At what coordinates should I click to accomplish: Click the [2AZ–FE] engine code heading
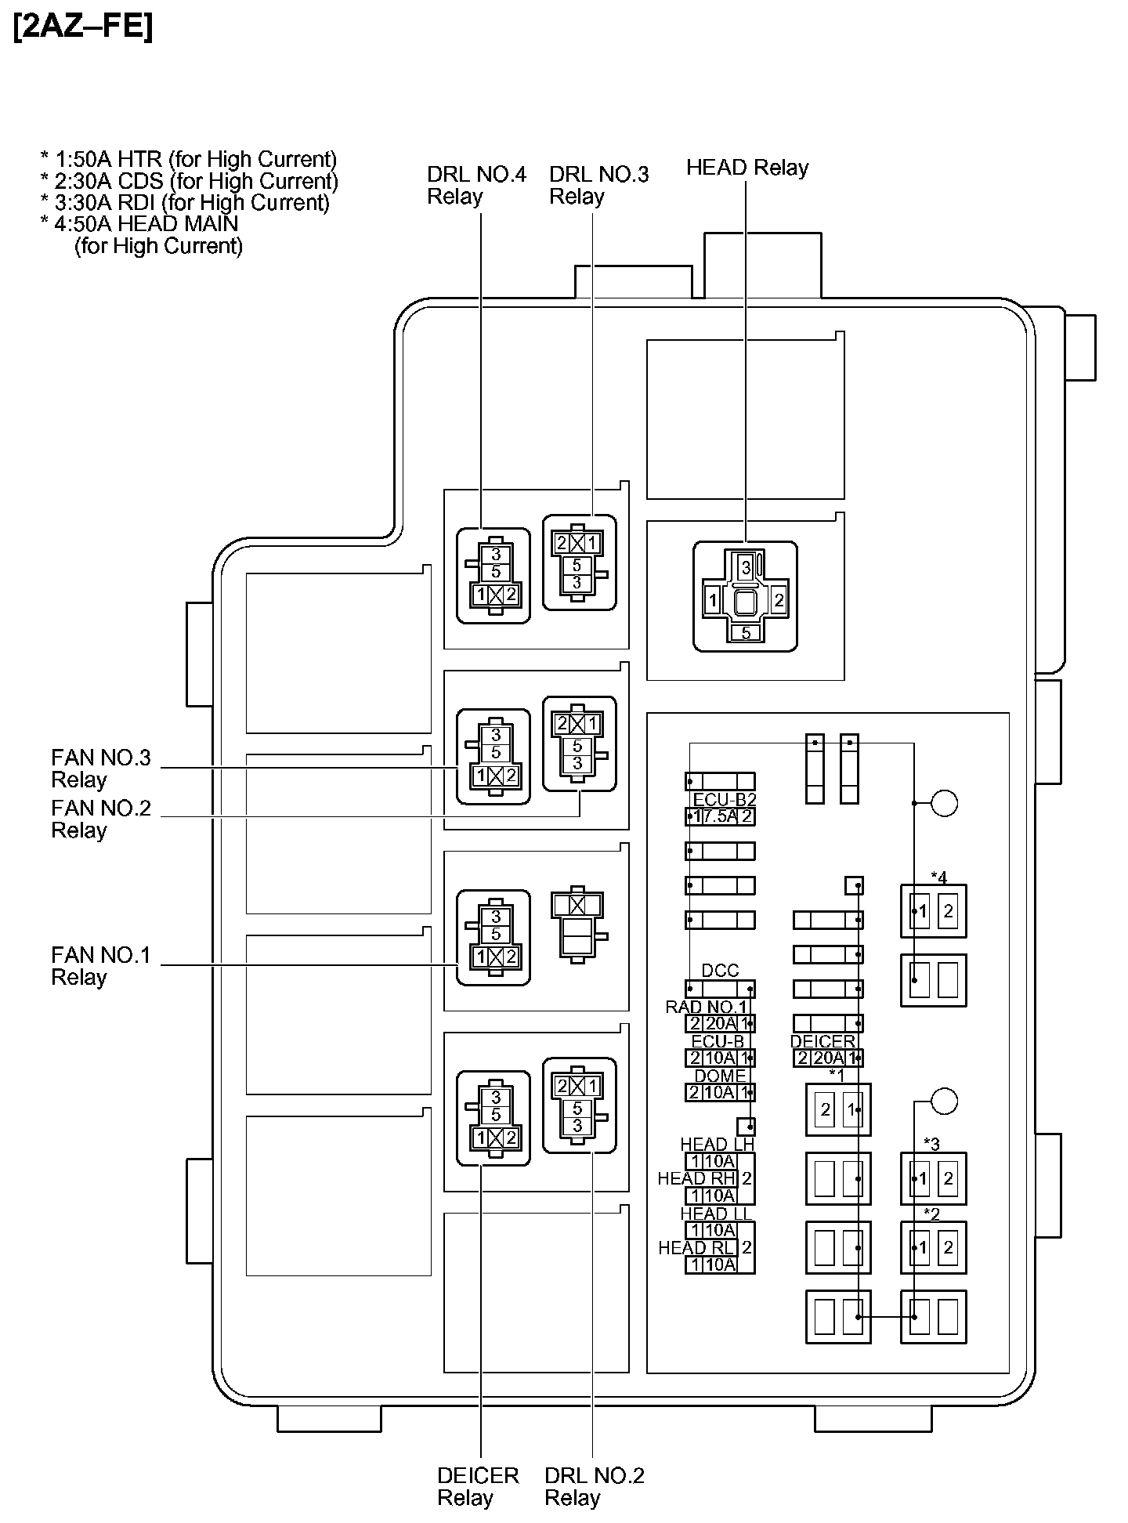pos(83,27)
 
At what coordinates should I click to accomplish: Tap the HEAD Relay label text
pos(747,168)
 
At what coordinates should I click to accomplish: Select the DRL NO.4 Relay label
pos(476,185)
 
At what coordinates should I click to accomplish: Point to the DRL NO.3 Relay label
pos(598,185)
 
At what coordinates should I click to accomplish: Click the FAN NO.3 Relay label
pos(100,769)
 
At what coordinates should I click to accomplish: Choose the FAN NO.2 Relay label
pos(100,819)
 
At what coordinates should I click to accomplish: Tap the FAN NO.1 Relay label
pos(100,966)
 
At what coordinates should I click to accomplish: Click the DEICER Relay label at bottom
pos(478,1486)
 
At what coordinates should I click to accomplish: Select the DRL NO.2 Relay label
pos(594,1486)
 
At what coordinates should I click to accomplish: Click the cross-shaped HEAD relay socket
pos(745,597)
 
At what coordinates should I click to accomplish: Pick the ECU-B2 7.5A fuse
pos(720,816)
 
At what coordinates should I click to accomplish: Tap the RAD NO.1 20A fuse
pos(720,1023)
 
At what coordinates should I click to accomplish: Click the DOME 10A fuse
pos(720,1092)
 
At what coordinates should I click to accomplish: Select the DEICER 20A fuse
pos(828,1058)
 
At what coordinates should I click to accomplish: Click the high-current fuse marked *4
pos(933,911)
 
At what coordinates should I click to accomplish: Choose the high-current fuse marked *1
pos(838,1109)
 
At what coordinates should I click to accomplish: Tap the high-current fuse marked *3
pos(933,1178)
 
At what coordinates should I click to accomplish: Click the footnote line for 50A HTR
pos(188,159)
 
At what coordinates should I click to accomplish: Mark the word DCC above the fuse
pos(720,971)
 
